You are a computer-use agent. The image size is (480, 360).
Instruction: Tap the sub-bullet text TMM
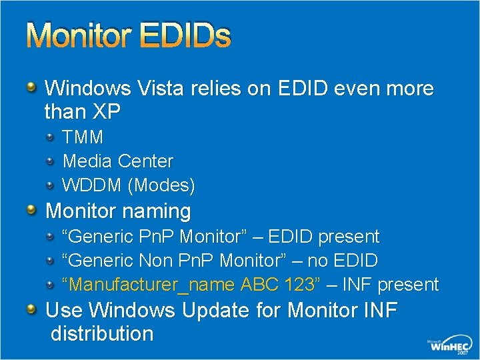point(83,137)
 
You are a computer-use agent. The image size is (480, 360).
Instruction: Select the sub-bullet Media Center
point(117,161)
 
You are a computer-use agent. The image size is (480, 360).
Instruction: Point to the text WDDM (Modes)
point(129,185)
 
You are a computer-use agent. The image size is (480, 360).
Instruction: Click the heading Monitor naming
point(118,211)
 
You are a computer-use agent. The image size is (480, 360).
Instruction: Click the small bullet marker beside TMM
point(51,137)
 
